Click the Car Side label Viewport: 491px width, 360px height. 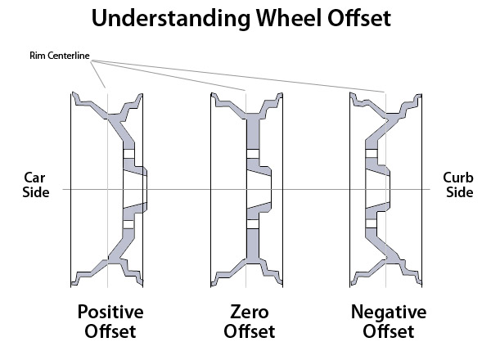click(37, 185)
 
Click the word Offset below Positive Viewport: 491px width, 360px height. click(110, 332)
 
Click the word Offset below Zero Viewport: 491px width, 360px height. click(248, 332)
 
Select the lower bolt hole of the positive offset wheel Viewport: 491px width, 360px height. click(128, 223)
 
